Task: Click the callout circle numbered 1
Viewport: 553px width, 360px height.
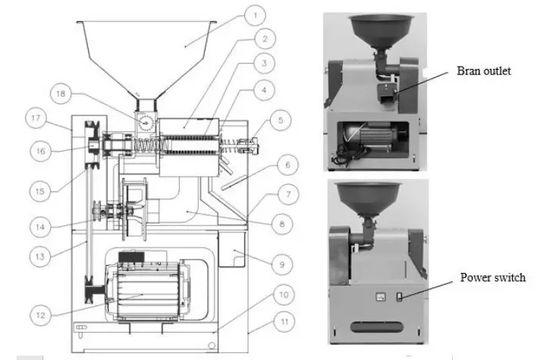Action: coord(257,14)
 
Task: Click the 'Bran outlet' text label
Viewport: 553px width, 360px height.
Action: coord(484,71)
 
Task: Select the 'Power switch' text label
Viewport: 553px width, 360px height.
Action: coord(492,277)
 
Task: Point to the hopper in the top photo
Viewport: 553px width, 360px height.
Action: coord(375,30)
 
